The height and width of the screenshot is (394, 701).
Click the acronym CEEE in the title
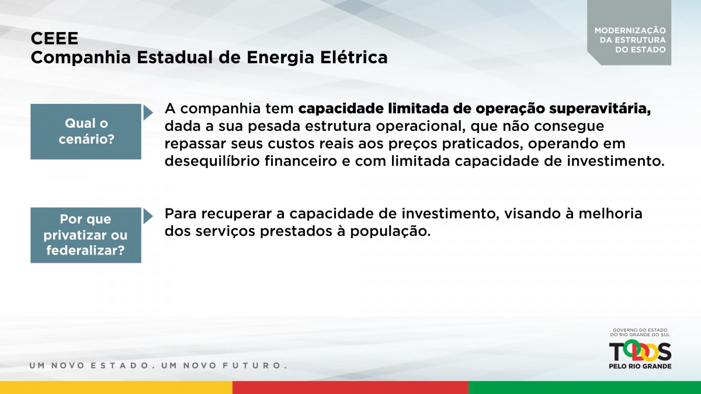[x=54, y=39]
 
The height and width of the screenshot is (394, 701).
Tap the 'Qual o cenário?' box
[x=86, y=132]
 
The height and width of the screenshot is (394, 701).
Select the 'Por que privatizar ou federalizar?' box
[x=86, y=235]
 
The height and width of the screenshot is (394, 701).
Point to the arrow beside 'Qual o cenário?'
[x=148, y=113]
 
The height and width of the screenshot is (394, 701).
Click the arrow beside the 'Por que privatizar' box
[x=148, y=217]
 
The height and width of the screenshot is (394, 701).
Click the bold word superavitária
[x=600, y=109]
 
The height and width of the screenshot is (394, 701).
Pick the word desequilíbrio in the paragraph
[x=212, y=162]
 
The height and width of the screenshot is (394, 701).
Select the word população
[x=390, y=232]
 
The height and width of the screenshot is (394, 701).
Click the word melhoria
[x=610, y=214]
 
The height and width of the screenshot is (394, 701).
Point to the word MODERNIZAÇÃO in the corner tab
[x=630, y=30]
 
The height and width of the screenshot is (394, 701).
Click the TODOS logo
[x=640, y=352]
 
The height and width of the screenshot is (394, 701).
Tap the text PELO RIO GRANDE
[x=640, y=366]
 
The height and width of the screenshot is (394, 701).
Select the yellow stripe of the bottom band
[x=116, y=388]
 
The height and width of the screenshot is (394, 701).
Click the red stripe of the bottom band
[x=350, y=388]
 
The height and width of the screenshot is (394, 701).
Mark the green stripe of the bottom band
[x=585, y=388]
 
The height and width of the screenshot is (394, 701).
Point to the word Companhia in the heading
[x=81, y=58]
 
